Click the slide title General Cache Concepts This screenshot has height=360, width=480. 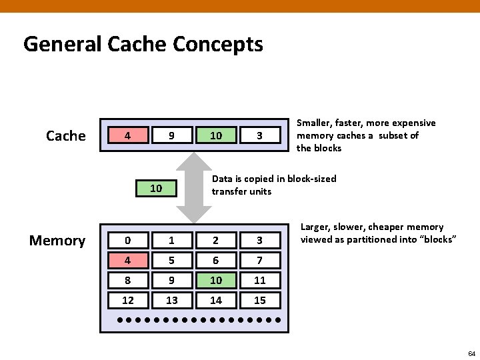(143, 45)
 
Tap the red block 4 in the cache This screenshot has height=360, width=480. (127, 135)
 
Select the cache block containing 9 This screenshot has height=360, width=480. (171, 135)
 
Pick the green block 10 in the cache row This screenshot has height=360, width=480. (215, 135)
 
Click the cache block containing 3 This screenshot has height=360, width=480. (259, 135)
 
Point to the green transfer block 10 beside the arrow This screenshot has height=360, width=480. (156, 188)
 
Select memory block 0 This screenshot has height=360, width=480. (127, 240)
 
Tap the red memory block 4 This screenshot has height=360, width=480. (127, 260)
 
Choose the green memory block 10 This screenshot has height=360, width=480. (215, 280)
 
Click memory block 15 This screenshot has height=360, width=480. (259, 300)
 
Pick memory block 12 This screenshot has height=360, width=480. (127, 300)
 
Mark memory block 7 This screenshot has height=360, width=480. (259, 260)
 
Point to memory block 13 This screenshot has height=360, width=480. (171, 300)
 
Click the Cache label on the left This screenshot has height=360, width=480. (65, 136)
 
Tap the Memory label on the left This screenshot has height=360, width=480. (57, 241)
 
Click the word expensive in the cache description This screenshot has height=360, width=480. (413, 123)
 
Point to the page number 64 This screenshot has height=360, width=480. (471, 353)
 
